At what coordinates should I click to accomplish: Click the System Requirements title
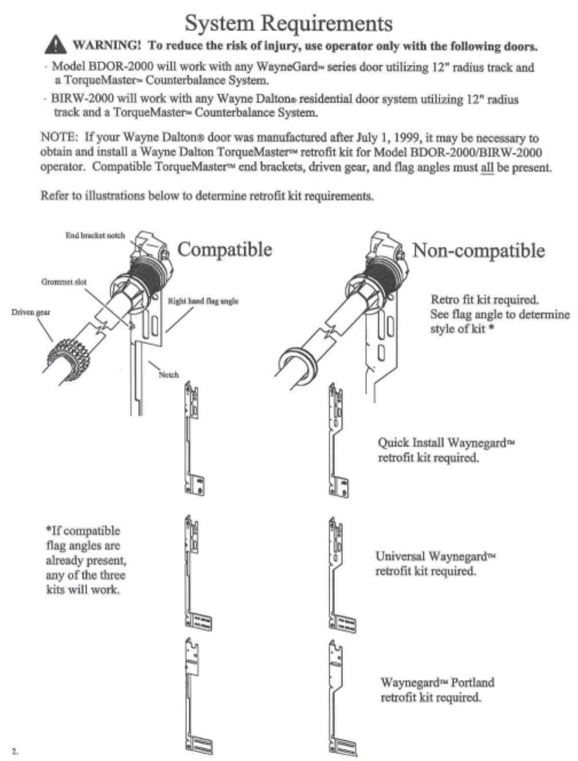288,23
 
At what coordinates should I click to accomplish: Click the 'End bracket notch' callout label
95,235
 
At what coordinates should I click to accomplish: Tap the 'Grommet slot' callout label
64,282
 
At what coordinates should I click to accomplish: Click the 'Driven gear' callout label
30,312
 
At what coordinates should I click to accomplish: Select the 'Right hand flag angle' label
203,301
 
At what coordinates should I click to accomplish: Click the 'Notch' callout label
169,375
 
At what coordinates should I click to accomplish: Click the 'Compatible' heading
225,249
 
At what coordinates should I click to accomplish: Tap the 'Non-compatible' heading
478,250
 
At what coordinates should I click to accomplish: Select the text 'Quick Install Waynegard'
442,443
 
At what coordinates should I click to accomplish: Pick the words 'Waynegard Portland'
437,682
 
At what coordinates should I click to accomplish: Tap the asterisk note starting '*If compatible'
85,560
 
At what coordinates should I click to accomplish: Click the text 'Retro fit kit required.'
485,300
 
